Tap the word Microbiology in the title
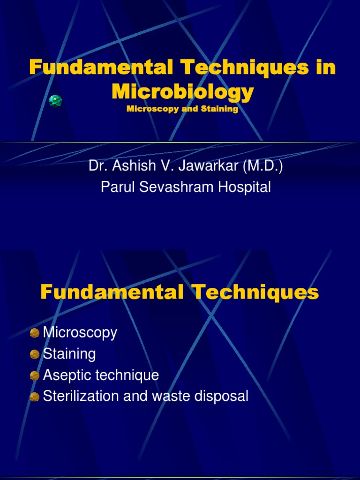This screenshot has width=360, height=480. point(183,91)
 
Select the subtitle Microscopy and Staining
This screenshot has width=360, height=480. point(182,109)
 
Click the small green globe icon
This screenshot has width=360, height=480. point(55,100)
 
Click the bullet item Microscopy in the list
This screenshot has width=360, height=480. point(80,333)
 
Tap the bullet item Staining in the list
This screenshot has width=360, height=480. point(69,354)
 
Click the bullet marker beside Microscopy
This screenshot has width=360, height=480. point(34,333)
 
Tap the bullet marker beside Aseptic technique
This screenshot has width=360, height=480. point(34,375)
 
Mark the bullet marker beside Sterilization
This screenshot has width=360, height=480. point(34,397)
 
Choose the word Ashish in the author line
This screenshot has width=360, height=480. point(134,166)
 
